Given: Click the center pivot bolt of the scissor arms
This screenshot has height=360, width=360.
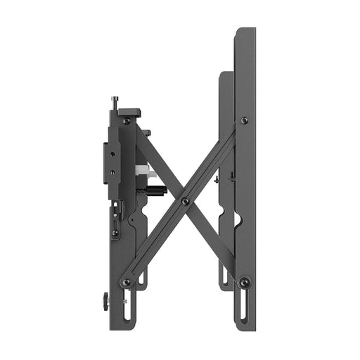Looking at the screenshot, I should tap(185, 201).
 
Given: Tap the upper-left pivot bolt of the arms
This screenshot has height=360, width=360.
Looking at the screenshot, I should tap(127, 121).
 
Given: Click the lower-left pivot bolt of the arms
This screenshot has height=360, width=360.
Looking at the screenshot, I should tap(127, 282).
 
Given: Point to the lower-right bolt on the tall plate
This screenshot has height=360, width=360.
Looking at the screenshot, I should tap(245, 282).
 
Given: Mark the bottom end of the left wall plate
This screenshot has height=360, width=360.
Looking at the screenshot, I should tap(120, 329).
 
